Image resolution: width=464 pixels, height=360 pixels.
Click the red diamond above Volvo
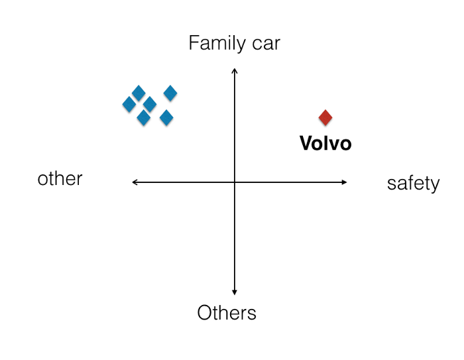[325, 117]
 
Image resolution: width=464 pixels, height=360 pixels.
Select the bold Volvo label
[325, 143]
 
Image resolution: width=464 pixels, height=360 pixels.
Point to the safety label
[413, 183]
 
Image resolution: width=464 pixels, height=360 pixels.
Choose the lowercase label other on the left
[60, 178]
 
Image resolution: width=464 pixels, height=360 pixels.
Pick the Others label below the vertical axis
[227, 312]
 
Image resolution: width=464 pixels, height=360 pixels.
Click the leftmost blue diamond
[129, 104]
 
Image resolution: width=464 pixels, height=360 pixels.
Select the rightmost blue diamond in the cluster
[170, 93]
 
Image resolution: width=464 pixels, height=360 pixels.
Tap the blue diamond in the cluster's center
[150, 104]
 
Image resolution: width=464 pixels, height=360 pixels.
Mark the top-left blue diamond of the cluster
[139, 93]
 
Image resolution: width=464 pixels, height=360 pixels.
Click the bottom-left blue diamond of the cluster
[143, 118]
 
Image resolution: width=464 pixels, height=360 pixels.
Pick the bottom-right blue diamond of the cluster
[166, 118]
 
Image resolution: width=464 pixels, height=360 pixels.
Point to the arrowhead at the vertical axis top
[234, 70]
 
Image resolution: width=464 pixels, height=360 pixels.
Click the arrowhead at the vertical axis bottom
[234, 292]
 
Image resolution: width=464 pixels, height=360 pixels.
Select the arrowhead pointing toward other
[135, 182]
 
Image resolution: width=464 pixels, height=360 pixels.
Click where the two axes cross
[234, 182]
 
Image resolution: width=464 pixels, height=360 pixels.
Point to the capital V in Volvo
[306, 143]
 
